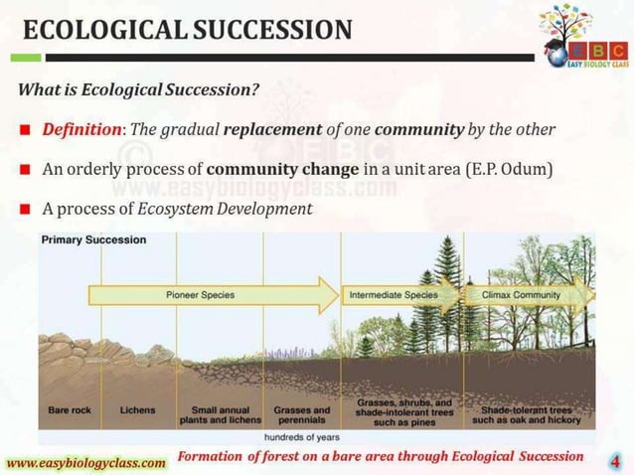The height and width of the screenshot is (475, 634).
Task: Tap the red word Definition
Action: [79, 130]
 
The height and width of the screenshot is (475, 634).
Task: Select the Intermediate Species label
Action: [394, 295]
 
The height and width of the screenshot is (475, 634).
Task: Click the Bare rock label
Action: [69, 409]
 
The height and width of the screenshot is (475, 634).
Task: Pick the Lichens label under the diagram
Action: [137, 409]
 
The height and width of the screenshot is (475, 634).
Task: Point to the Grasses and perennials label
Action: [302, 414]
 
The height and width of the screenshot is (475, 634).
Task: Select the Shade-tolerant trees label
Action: [527, 414]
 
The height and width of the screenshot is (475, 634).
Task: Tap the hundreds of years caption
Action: [303, 436]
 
